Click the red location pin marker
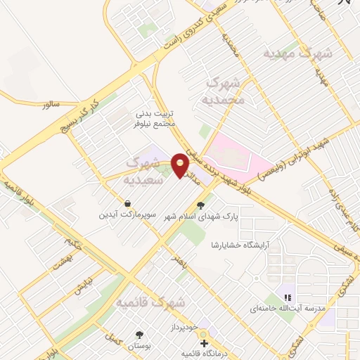[181, 166]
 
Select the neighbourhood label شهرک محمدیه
[224, 92]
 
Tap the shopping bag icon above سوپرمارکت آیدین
[127, 202]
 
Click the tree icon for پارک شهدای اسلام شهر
[202, 206]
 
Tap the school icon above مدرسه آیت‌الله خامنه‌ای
[287, 297]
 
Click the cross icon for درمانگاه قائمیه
[204, 344]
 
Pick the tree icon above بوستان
[139, 335]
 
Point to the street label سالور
[53, 104]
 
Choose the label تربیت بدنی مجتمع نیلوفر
[153, 118]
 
